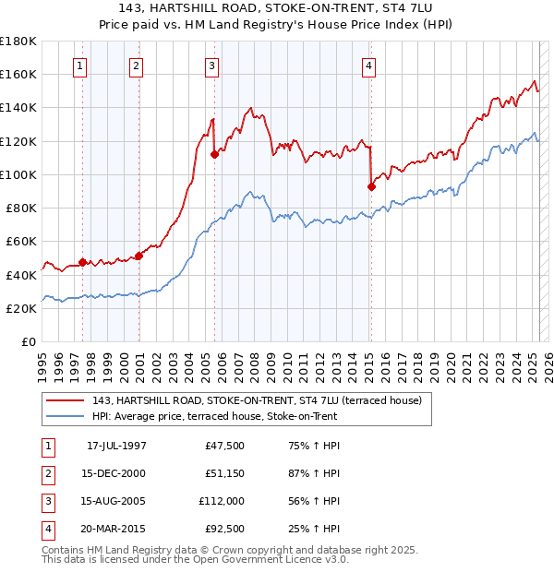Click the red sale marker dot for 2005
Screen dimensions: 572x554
pos(214,154)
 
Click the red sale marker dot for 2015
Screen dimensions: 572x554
pos(371,186)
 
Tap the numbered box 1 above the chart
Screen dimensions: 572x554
pos(81,66)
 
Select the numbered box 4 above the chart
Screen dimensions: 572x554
pos(368,66)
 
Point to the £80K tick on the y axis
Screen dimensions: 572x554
pos(20,208)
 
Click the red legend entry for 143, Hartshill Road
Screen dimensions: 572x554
pos(257,400)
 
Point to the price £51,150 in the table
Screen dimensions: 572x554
pos(222,474)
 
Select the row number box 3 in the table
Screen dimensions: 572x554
pos(46,502)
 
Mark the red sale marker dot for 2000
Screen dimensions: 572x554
pos(138,256)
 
